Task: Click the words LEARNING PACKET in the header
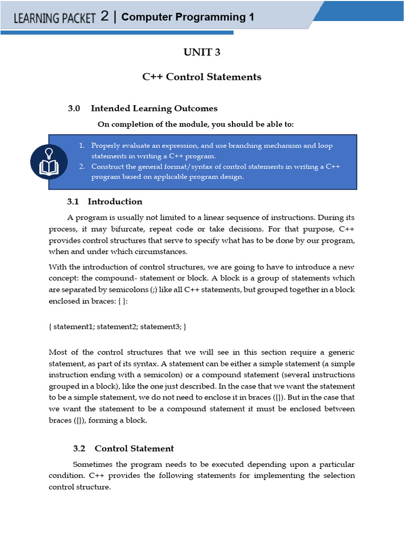click(55, 18)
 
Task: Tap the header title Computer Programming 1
click(188, 17)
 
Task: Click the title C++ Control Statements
click(201, 77)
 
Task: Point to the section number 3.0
click(74, 108)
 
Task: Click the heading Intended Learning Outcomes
click(154, 108)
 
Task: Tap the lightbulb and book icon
click(49, 162)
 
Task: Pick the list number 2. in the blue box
click(82, 167)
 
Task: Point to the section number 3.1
click(73, 202)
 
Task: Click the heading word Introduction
click(115, 202)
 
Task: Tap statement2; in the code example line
click(117, 327)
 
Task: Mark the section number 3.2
click(79, 448)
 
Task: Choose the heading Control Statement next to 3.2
click(134, 448)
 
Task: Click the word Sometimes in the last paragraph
click(92, 465)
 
